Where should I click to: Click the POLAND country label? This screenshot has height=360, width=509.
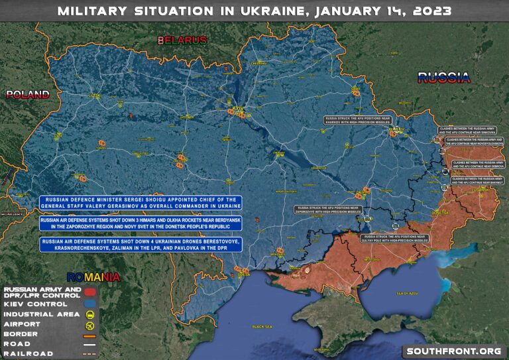[x=28, y=94]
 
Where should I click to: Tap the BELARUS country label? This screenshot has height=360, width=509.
[x=182, y=40]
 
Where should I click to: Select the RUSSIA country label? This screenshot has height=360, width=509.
[x=443, y=78]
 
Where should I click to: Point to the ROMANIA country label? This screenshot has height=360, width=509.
[x=92, y=276]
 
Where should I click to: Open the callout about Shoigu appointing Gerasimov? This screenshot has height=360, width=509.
[x=141, y=204]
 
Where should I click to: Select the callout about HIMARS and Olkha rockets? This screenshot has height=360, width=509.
[x=141, y=223]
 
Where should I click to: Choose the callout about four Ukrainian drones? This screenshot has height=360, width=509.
[x=141, y=243]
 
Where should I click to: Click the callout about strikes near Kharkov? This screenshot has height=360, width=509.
[x=357, y=120]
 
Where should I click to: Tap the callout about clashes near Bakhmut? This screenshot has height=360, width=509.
[x=477, y=180]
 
